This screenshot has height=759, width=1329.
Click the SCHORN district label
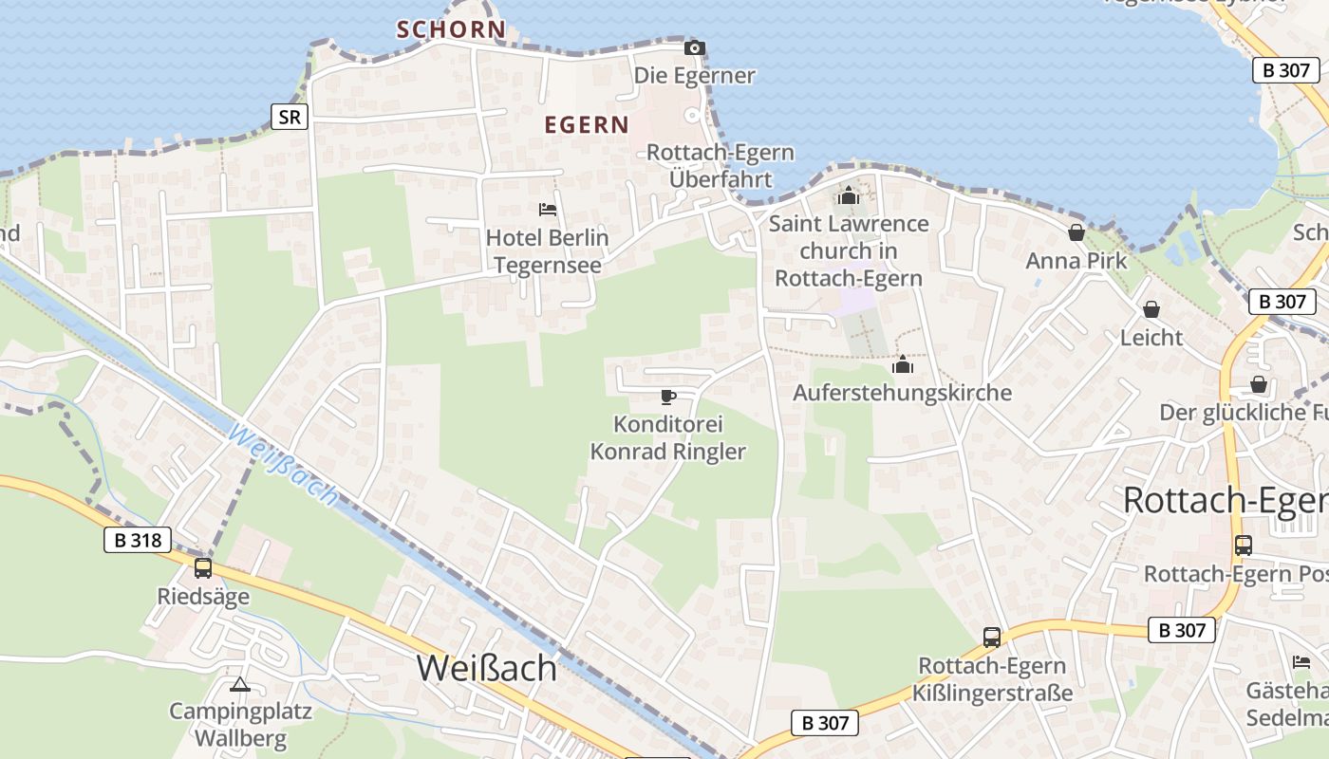[x=451, y=29]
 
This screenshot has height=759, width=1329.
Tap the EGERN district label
[x=587, y=124]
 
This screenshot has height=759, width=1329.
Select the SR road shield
[x=290, y=117]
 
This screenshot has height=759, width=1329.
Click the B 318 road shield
[x=137, y=541]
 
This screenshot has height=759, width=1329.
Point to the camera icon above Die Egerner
[x=695, y=47]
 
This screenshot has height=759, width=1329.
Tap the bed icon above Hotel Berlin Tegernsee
[x=547, y=210]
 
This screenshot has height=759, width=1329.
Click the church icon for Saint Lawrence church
[x=848, y=196]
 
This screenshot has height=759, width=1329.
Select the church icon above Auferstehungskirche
[x=902, y=364]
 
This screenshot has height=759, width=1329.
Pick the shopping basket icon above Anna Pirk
[x=1076, y=232]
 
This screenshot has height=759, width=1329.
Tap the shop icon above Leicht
[x=1151, y=310]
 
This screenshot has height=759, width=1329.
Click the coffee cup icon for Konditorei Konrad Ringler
[x=668, y=397]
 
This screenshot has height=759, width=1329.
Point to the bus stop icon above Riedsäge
[x=203, y=568]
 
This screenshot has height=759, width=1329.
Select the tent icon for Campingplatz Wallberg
[x=240, y=684]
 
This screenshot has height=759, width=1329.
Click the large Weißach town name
[x=487, y=668]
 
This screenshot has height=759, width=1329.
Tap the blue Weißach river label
[x=283, y=466]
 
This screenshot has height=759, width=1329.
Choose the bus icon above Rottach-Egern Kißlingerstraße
[x=992, y=638]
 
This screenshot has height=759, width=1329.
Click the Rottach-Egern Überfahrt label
[x=721, y=165]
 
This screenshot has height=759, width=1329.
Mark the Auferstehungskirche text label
[x=902, y=393]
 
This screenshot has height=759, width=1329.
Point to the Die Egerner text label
[x=695, y=76]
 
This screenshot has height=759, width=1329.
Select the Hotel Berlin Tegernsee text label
[x=548, y=250]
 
